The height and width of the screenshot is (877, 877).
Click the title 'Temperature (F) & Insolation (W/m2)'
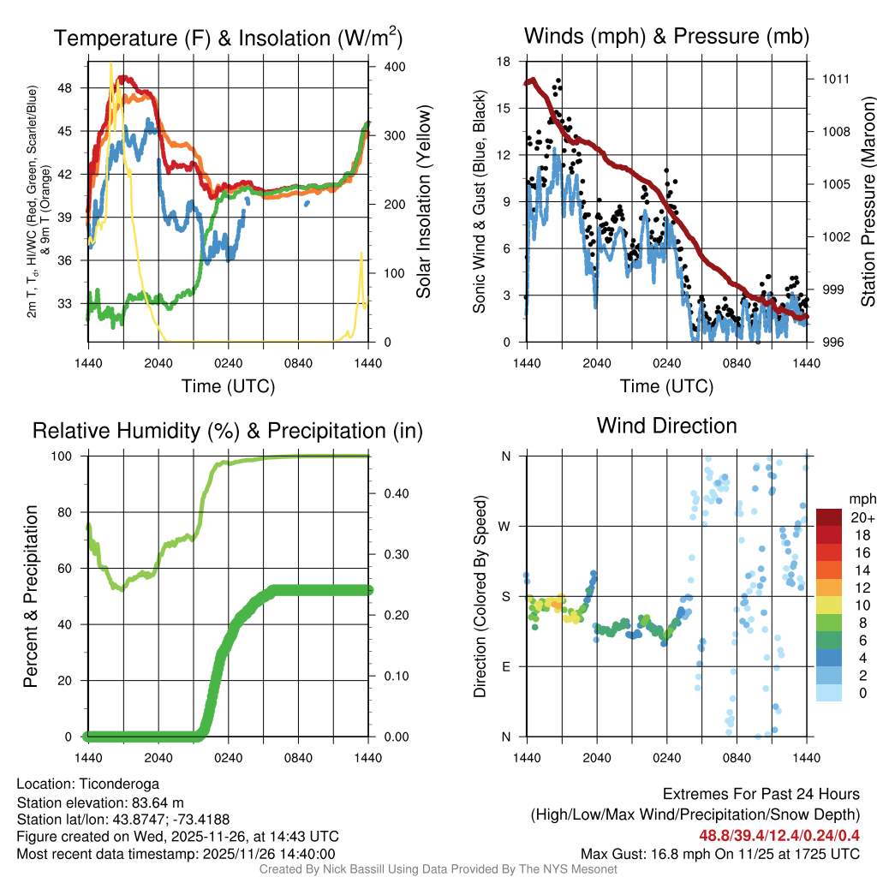(x=228, y=38)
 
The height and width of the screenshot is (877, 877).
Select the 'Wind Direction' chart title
(x=666, y=426)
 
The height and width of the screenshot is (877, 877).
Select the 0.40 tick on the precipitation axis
(x=390, y=493)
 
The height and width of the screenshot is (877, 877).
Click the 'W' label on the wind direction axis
(x=506, y=526)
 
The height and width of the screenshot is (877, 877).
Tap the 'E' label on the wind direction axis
(x=506, y=666)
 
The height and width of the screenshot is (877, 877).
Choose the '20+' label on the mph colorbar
(x=861, y=517)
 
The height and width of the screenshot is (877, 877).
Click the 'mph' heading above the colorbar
(x=861, y=498)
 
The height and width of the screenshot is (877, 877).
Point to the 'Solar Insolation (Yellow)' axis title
(x=424, y=202)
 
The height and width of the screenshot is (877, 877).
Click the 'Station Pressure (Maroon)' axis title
(x=868, y=202)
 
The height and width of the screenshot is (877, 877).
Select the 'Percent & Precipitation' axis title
(x=32, y=596)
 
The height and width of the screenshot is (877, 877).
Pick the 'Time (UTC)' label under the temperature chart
(x=228, y=386)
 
